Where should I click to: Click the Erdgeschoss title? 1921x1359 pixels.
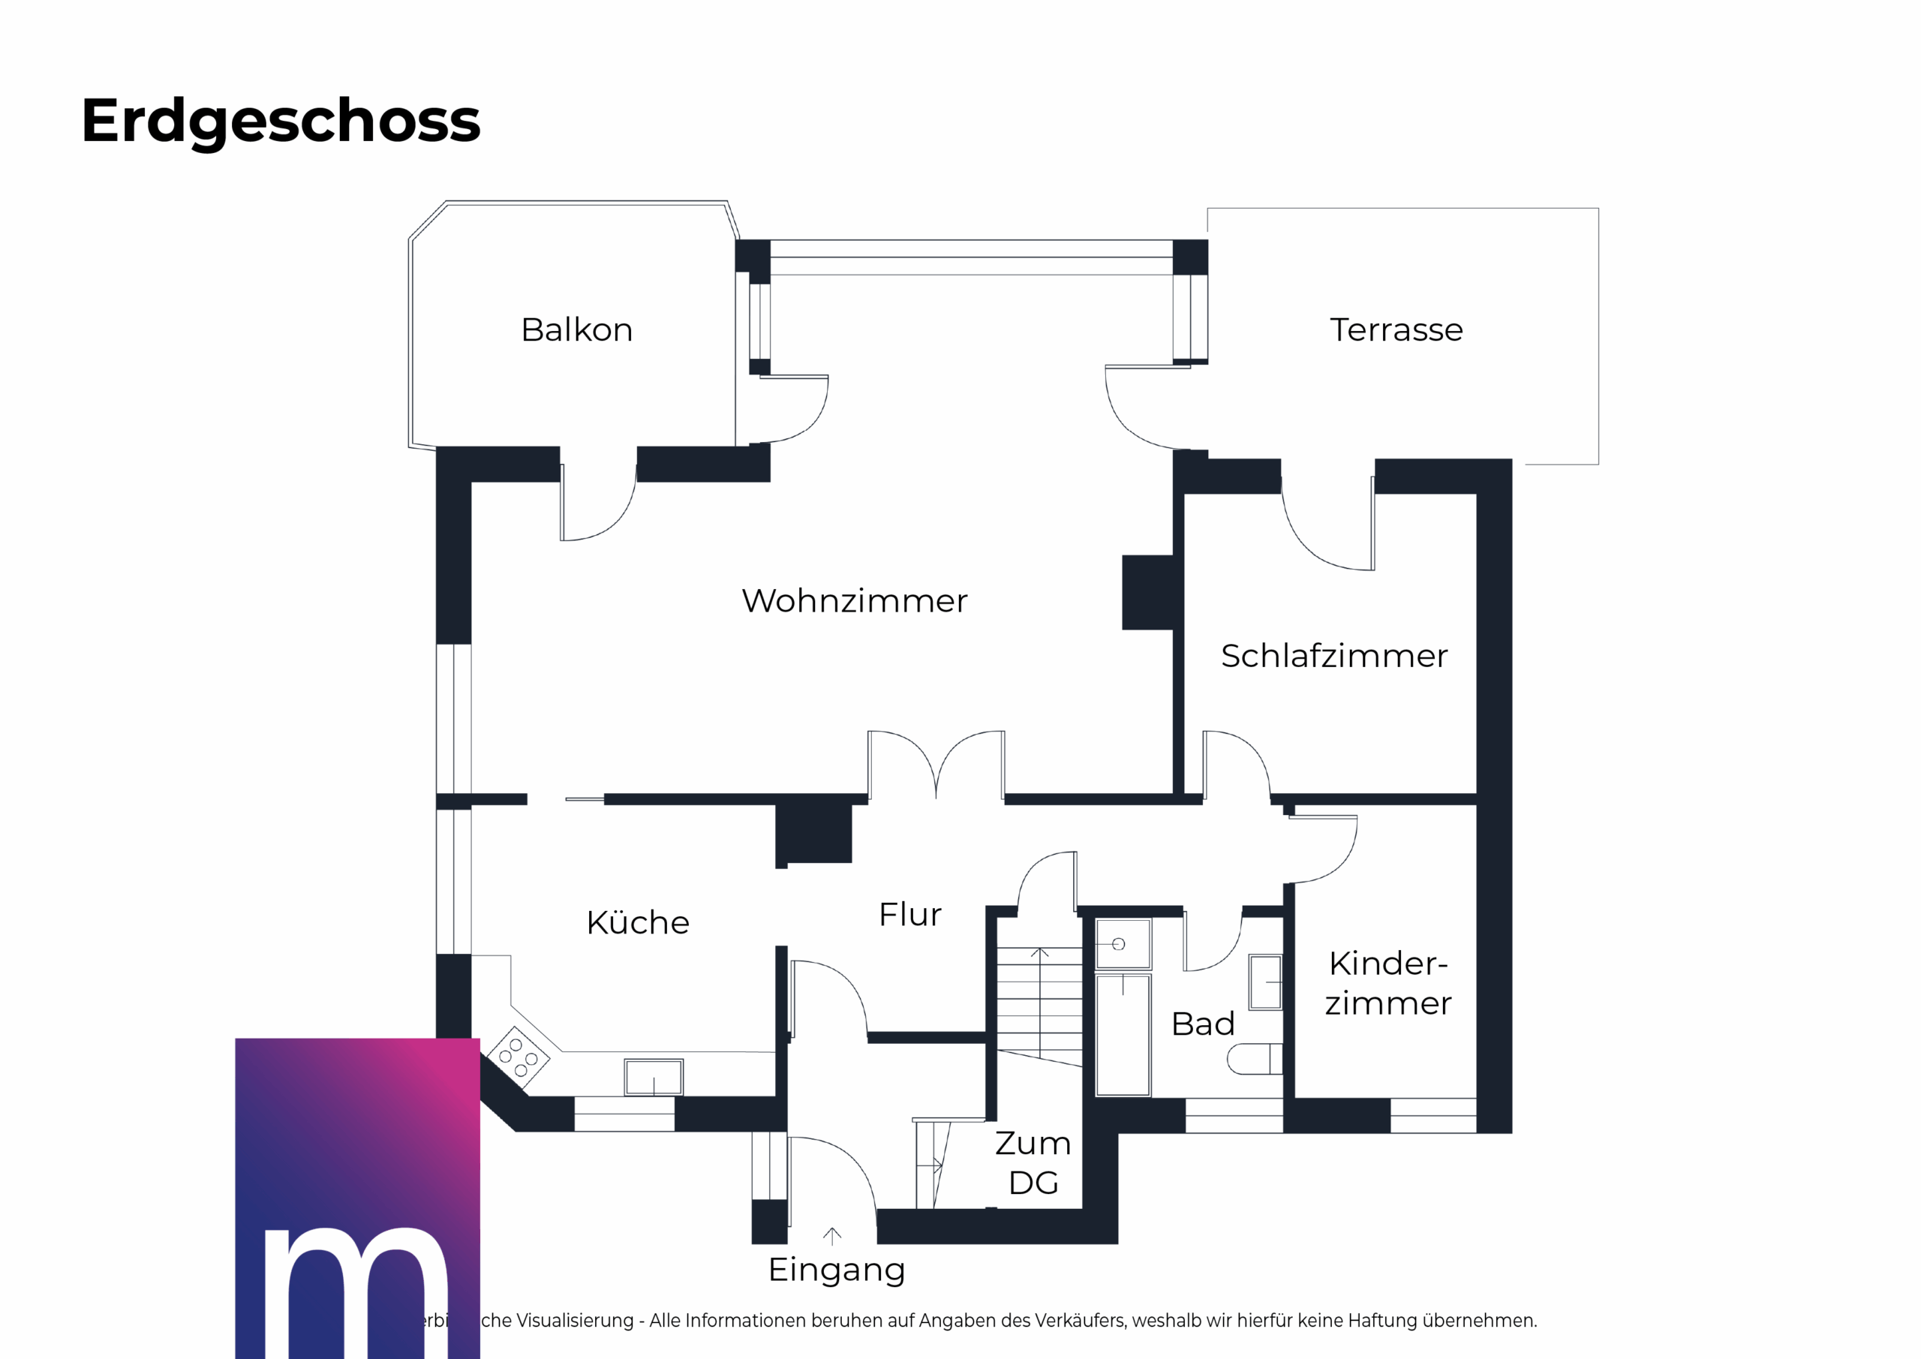tap(281, 122)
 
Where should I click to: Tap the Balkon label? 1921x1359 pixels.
tap(576, 329)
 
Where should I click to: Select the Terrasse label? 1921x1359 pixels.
tap(1396, 329)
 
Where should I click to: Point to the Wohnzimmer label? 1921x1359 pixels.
tap(854, 601)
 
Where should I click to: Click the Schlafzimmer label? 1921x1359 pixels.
tap(1333, 656)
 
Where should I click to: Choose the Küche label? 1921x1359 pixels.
tap(638, 923)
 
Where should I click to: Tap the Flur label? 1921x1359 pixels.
tap(909, 915)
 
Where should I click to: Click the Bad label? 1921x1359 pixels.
tap(1202, 1024)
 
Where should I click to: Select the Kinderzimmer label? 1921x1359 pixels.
tap(1388, 983)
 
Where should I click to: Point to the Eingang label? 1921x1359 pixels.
tap(837, 1270)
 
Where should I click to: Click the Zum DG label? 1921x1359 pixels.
tap(1033, 1163)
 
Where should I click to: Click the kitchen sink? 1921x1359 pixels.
tap(654, 1077)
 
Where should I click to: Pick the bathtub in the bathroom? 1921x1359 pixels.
tap(1123, 1034)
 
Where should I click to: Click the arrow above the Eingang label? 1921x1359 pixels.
tap(831, 1235)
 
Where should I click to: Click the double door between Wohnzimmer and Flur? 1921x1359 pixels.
tap(936, 765)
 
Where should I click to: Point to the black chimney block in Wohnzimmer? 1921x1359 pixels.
tap(1147, 593)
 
